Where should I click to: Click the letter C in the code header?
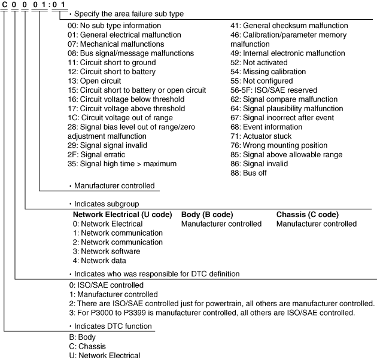[5, 5]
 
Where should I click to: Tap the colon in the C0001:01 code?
[51, 5]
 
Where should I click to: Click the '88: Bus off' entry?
[249, 173]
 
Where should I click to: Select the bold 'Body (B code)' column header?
[207, 215]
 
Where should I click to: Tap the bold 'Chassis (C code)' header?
[308, 215]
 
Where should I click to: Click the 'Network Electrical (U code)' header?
[122, 215]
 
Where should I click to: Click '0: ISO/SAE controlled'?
[106, 285]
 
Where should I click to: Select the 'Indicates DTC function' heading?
[113, 326]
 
